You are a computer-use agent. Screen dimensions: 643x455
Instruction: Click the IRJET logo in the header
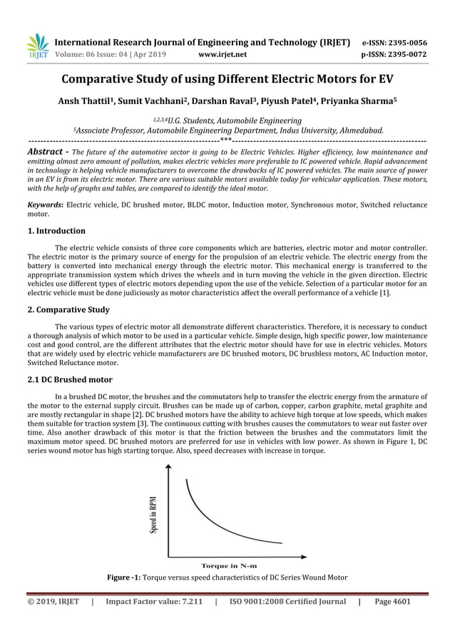coord(36,46)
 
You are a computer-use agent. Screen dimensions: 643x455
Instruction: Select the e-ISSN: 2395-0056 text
coord(395,42)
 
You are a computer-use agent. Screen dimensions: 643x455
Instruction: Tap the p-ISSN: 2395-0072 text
coord(395,54)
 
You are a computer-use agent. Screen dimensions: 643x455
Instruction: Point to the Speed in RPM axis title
coord(153,515)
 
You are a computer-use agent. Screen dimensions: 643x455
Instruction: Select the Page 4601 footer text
coord(392,602)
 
